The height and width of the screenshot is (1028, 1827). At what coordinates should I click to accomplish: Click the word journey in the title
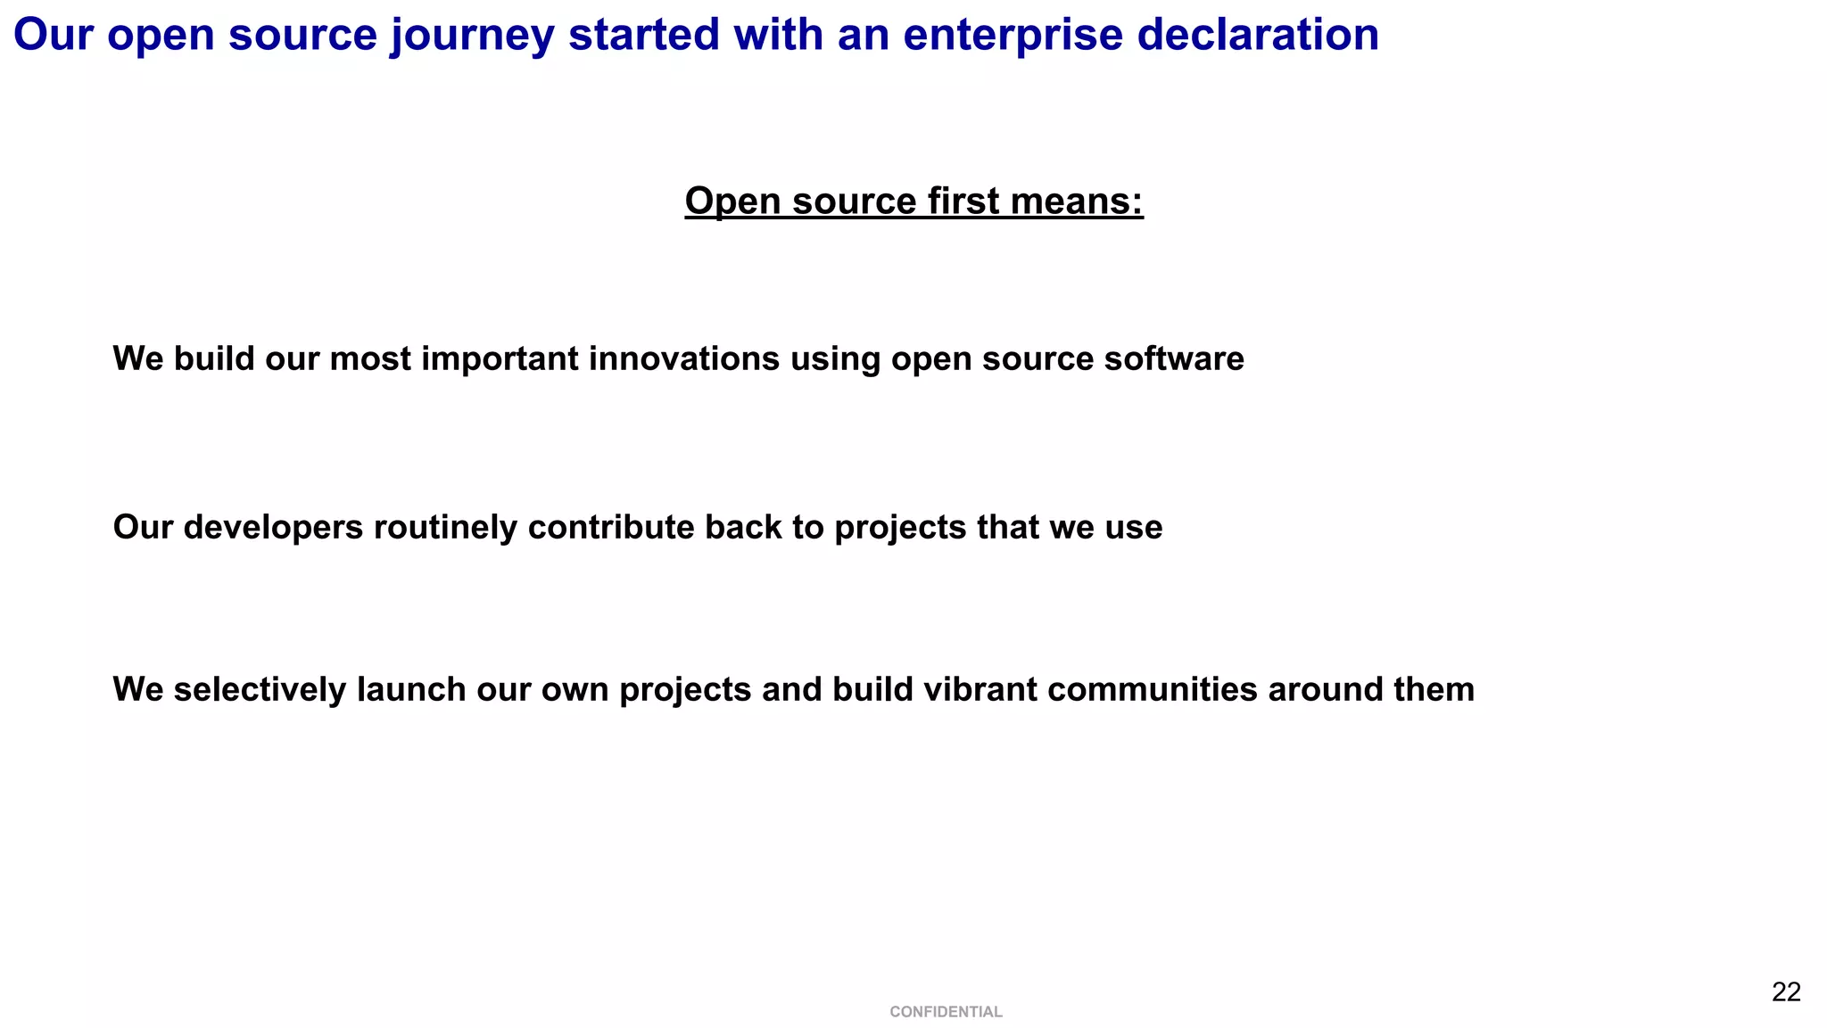tap(471, 36)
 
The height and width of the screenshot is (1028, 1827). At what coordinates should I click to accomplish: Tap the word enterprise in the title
tap(1012, 36)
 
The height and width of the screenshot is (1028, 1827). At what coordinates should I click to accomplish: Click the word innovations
tap(684, 358)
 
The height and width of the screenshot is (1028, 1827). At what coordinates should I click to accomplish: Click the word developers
tap(274, 527)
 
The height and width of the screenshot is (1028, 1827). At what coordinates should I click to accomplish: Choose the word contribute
tap(611, 527)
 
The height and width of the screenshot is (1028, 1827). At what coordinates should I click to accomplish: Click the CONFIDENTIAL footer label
tap(946, 1012)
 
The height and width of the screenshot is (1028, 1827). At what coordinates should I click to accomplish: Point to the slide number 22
tap(1786, 991)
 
